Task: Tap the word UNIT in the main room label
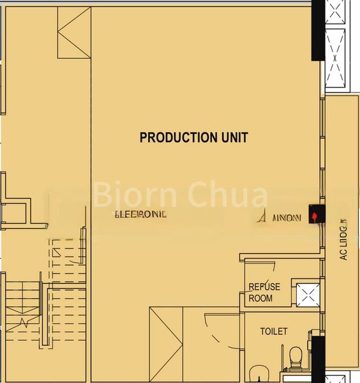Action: coord(233,137)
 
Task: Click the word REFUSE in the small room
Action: coord(264,287)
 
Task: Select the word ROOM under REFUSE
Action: coord(260,298)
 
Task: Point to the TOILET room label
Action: coord(274,331)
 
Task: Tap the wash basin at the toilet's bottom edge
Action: coord(260,374)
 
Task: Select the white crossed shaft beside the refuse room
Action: coord(308,295)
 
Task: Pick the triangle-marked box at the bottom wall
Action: coord(166,345)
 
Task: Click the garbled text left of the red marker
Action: coord(278,217)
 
